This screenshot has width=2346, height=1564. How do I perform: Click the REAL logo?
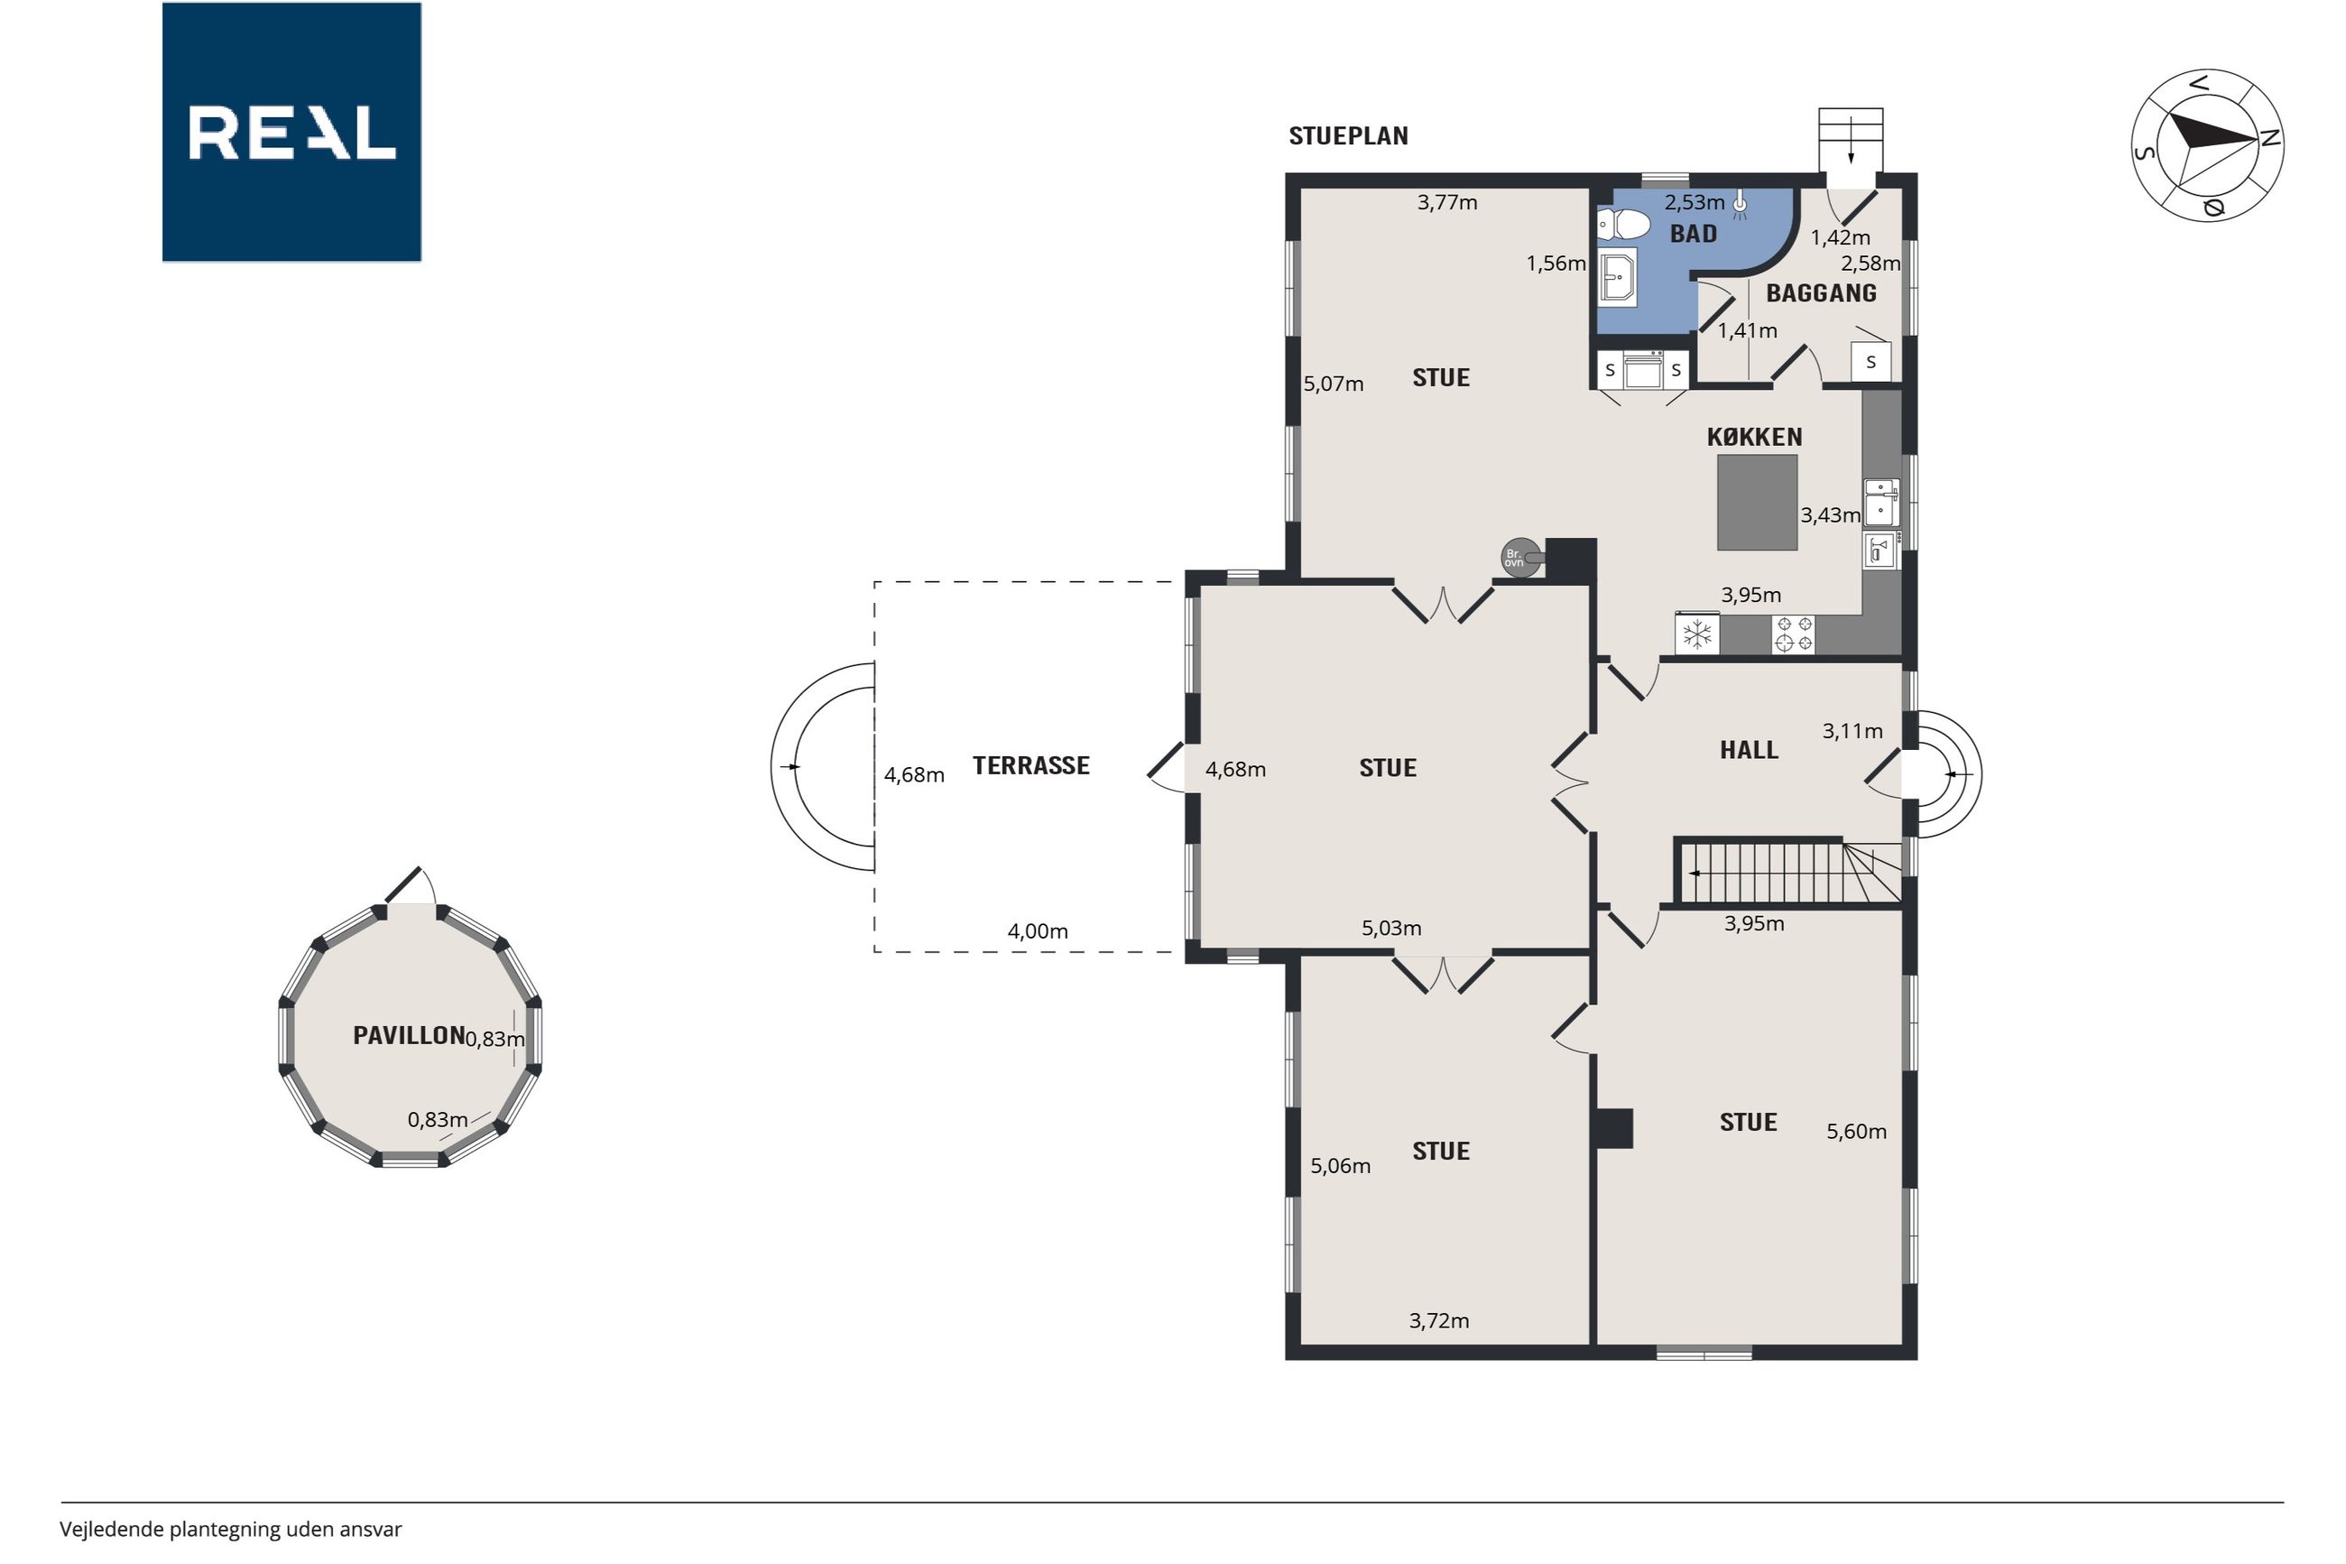291,132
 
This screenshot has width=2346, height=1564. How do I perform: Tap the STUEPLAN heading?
1348,136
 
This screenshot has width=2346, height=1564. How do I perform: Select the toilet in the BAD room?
1622,225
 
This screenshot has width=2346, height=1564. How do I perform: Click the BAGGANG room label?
1821,293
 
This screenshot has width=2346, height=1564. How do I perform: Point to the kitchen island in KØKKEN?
1757,503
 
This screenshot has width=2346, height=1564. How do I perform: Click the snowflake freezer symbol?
1697,634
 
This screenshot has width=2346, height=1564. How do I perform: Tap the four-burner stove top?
1794,634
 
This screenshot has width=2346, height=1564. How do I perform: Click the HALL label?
1749,750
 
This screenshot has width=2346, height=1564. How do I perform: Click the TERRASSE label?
1031,766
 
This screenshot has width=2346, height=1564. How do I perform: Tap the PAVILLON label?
409,1035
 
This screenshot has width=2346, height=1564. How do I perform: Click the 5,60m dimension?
1856,1132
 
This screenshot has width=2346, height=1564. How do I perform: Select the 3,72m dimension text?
1438,1321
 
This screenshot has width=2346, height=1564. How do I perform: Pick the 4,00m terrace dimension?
1037,931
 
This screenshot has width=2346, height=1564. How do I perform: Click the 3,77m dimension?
1446,202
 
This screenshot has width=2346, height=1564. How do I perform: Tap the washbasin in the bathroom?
1617,277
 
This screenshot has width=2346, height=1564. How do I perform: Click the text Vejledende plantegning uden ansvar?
230,1529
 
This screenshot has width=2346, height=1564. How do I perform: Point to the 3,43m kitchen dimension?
1830,515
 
